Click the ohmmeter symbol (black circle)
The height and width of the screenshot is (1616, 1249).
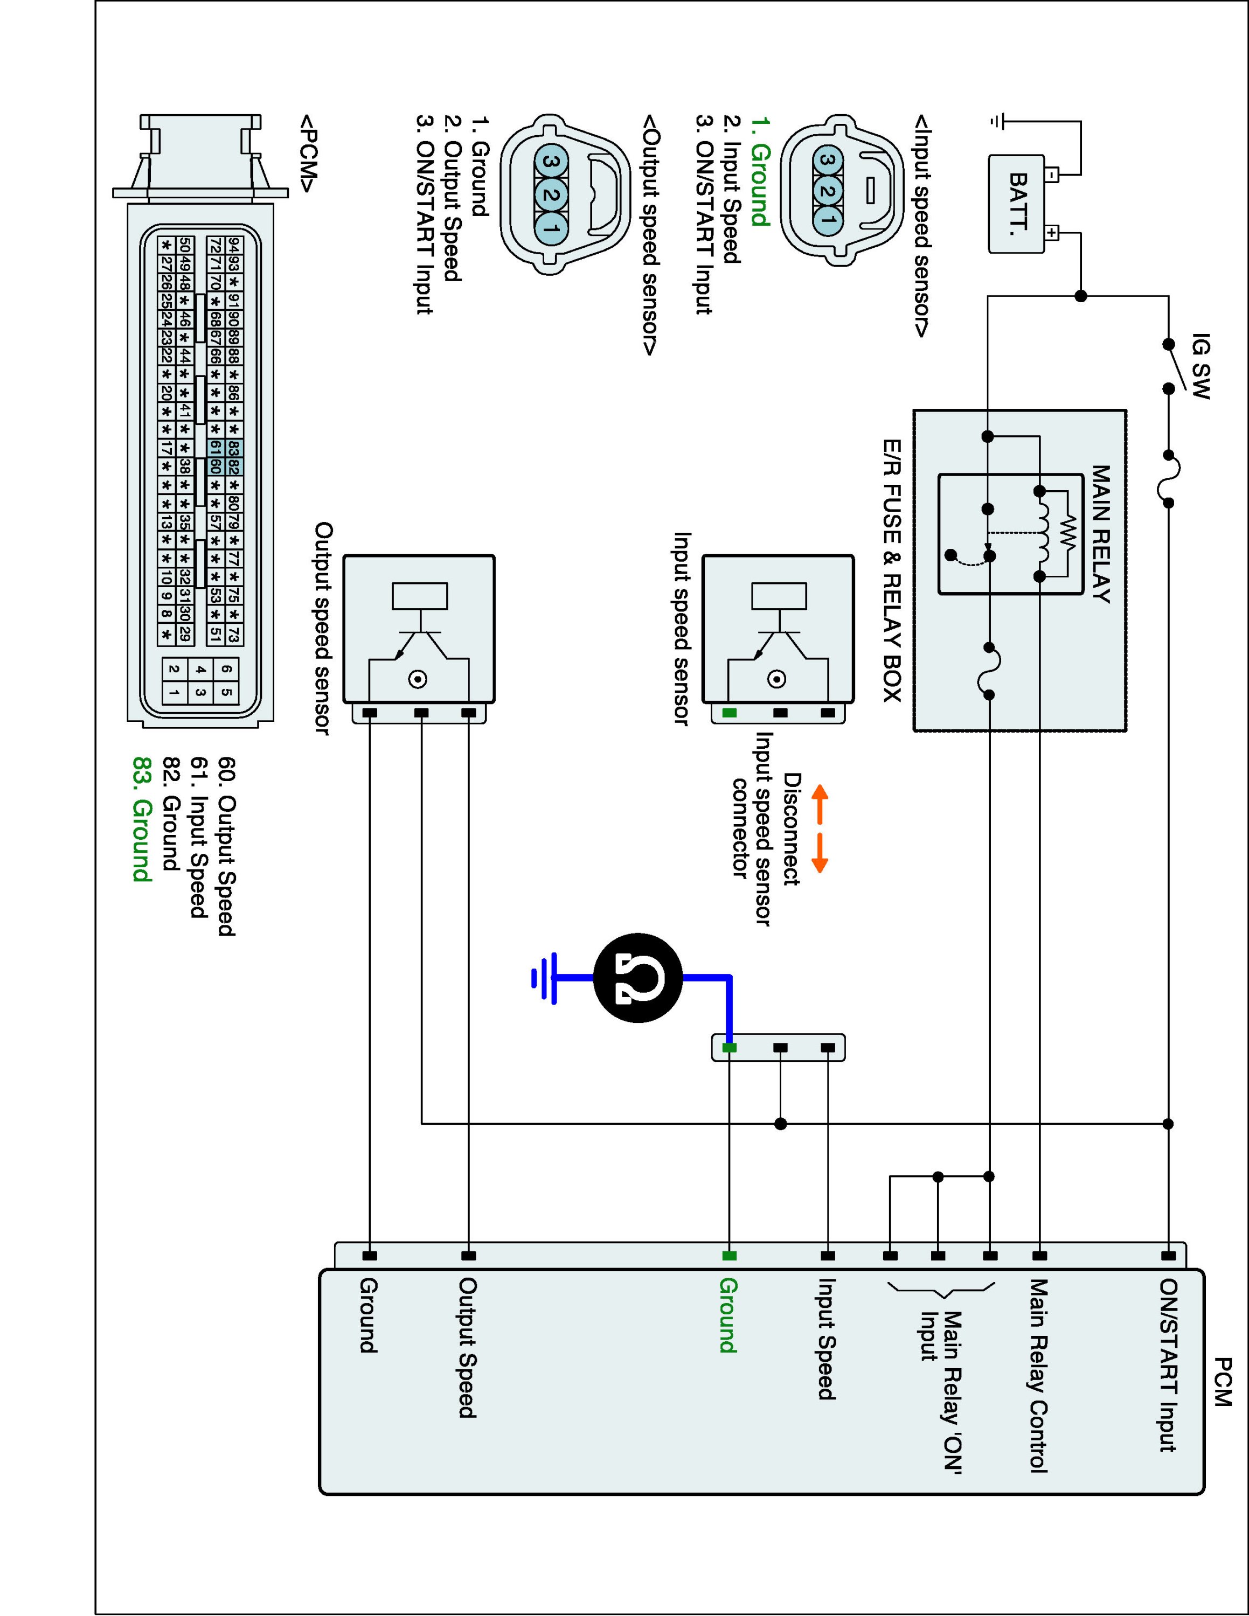coord(638,978)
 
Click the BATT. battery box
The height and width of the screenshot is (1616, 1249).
coord(1017,204)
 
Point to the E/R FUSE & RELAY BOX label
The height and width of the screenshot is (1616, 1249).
coord(892,570)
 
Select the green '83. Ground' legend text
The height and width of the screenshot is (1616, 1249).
coord(141,819)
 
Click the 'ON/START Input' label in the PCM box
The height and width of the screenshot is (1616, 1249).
coord(1168,1365)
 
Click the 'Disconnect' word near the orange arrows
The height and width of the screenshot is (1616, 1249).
coord(792,828)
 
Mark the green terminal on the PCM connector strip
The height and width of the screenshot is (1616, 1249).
coord(729,1256)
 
